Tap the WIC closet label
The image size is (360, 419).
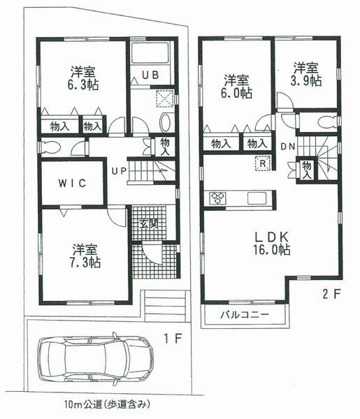(x=72, y=184)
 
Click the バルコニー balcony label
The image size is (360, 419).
(x=245, y=315)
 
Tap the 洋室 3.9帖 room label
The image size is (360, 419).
(x=305, y=74)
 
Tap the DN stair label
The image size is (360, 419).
(x=287, y=147)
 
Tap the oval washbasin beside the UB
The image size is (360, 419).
(x=165, y=122)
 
